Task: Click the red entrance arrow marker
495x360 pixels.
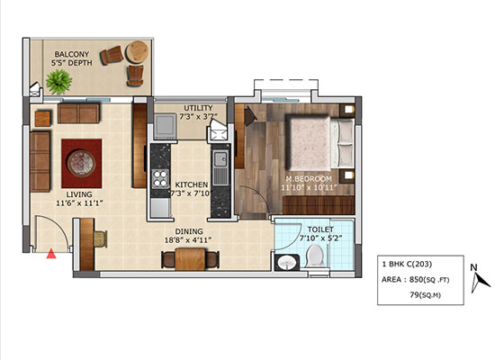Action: [x=51, y=254]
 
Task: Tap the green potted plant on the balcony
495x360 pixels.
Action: [x=58, y=82]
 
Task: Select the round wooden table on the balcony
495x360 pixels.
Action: [x=137, y=52]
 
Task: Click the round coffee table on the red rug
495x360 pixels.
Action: [x=81, y=163]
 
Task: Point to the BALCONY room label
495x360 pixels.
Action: [x=72, y=54]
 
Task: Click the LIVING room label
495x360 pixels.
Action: [x=79, y=194]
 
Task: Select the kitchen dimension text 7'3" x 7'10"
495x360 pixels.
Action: [x=191, y=193]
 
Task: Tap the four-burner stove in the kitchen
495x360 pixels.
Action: [x=160, y=179]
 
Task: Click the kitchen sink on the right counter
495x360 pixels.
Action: [x=220, y=167]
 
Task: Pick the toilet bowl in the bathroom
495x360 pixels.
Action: [x=315, y=256]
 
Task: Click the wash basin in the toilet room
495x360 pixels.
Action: [x=287, y=263]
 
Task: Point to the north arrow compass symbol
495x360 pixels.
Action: [x=479, y=279]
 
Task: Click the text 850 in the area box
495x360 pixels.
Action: [x=416, y=279]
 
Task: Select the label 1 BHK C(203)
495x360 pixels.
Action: [x=407, y=264]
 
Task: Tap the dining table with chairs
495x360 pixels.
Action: [x=191, y=258]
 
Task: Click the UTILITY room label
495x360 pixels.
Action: [x=199, y=108]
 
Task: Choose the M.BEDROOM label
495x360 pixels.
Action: [x=309, y=179]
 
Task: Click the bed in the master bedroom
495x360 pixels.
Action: [x=319, y=143]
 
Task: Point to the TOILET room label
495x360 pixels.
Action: [x=320, y=229]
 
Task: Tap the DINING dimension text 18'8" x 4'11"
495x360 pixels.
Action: [x=188, y=240]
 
